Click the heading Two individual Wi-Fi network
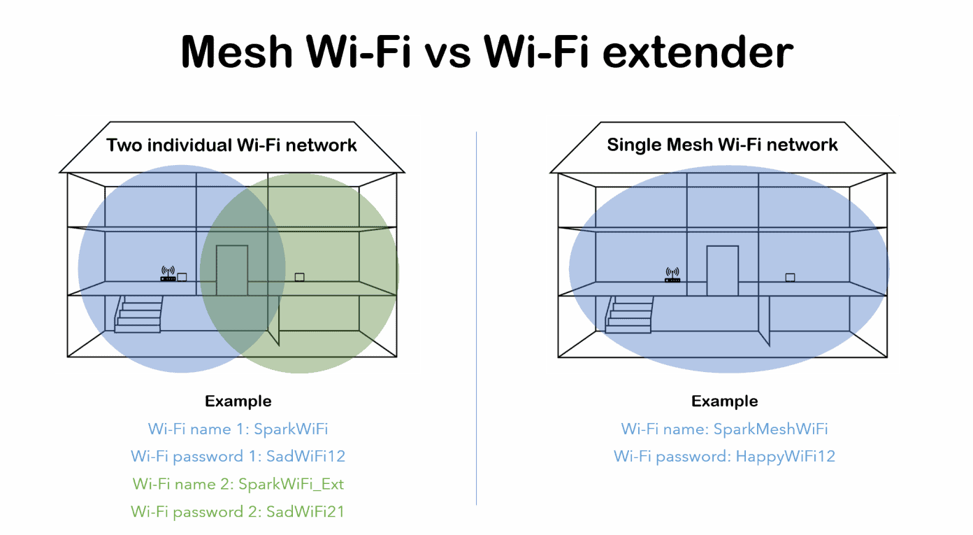[231, 145]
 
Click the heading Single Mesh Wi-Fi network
[722, 145]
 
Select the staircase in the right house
[629, 313]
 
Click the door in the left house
[231, 270]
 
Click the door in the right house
[722, 270]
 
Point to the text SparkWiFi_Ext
[291, 484]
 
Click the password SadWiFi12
[305, 456]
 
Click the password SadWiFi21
[305, 512]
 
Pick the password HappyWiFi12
[785, 456]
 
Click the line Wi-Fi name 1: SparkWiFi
[238, 429]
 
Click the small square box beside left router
[182, 277]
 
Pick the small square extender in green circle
[299, 277]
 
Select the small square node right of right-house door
[790, 277]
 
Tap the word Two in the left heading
[123, 145]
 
